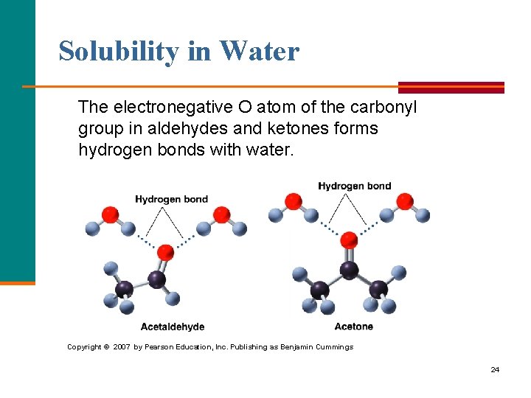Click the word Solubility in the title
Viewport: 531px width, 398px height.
coord(118,52)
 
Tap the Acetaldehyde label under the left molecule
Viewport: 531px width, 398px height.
coord(173,327)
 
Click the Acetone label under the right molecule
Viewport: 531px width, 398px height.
coord(353,327)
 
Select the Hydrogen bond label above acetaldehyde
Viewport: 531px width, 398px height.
coord(171,199)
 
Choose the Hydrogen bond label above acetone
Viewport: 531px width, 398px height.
coord(354,186)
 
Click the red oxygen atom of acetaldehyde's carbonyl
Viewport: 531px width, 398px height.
coord(166,253)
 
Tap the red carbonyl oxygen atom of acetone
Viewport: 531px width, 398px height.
coord(349,240)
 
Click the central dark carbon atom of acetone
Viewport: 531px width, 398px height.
coord(348,270)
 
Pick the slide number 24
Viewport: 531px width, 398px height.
coord(495,369)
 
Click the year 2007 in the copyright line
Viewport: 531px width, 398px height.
coord(122,346)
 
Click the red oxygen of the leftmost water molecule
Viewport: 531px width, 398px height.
coord(111,214)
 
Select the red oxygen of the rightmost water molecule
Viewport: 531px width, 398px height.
coord(404,201)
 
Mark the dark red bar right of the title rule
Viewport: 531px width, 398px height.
coord(451,87)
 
